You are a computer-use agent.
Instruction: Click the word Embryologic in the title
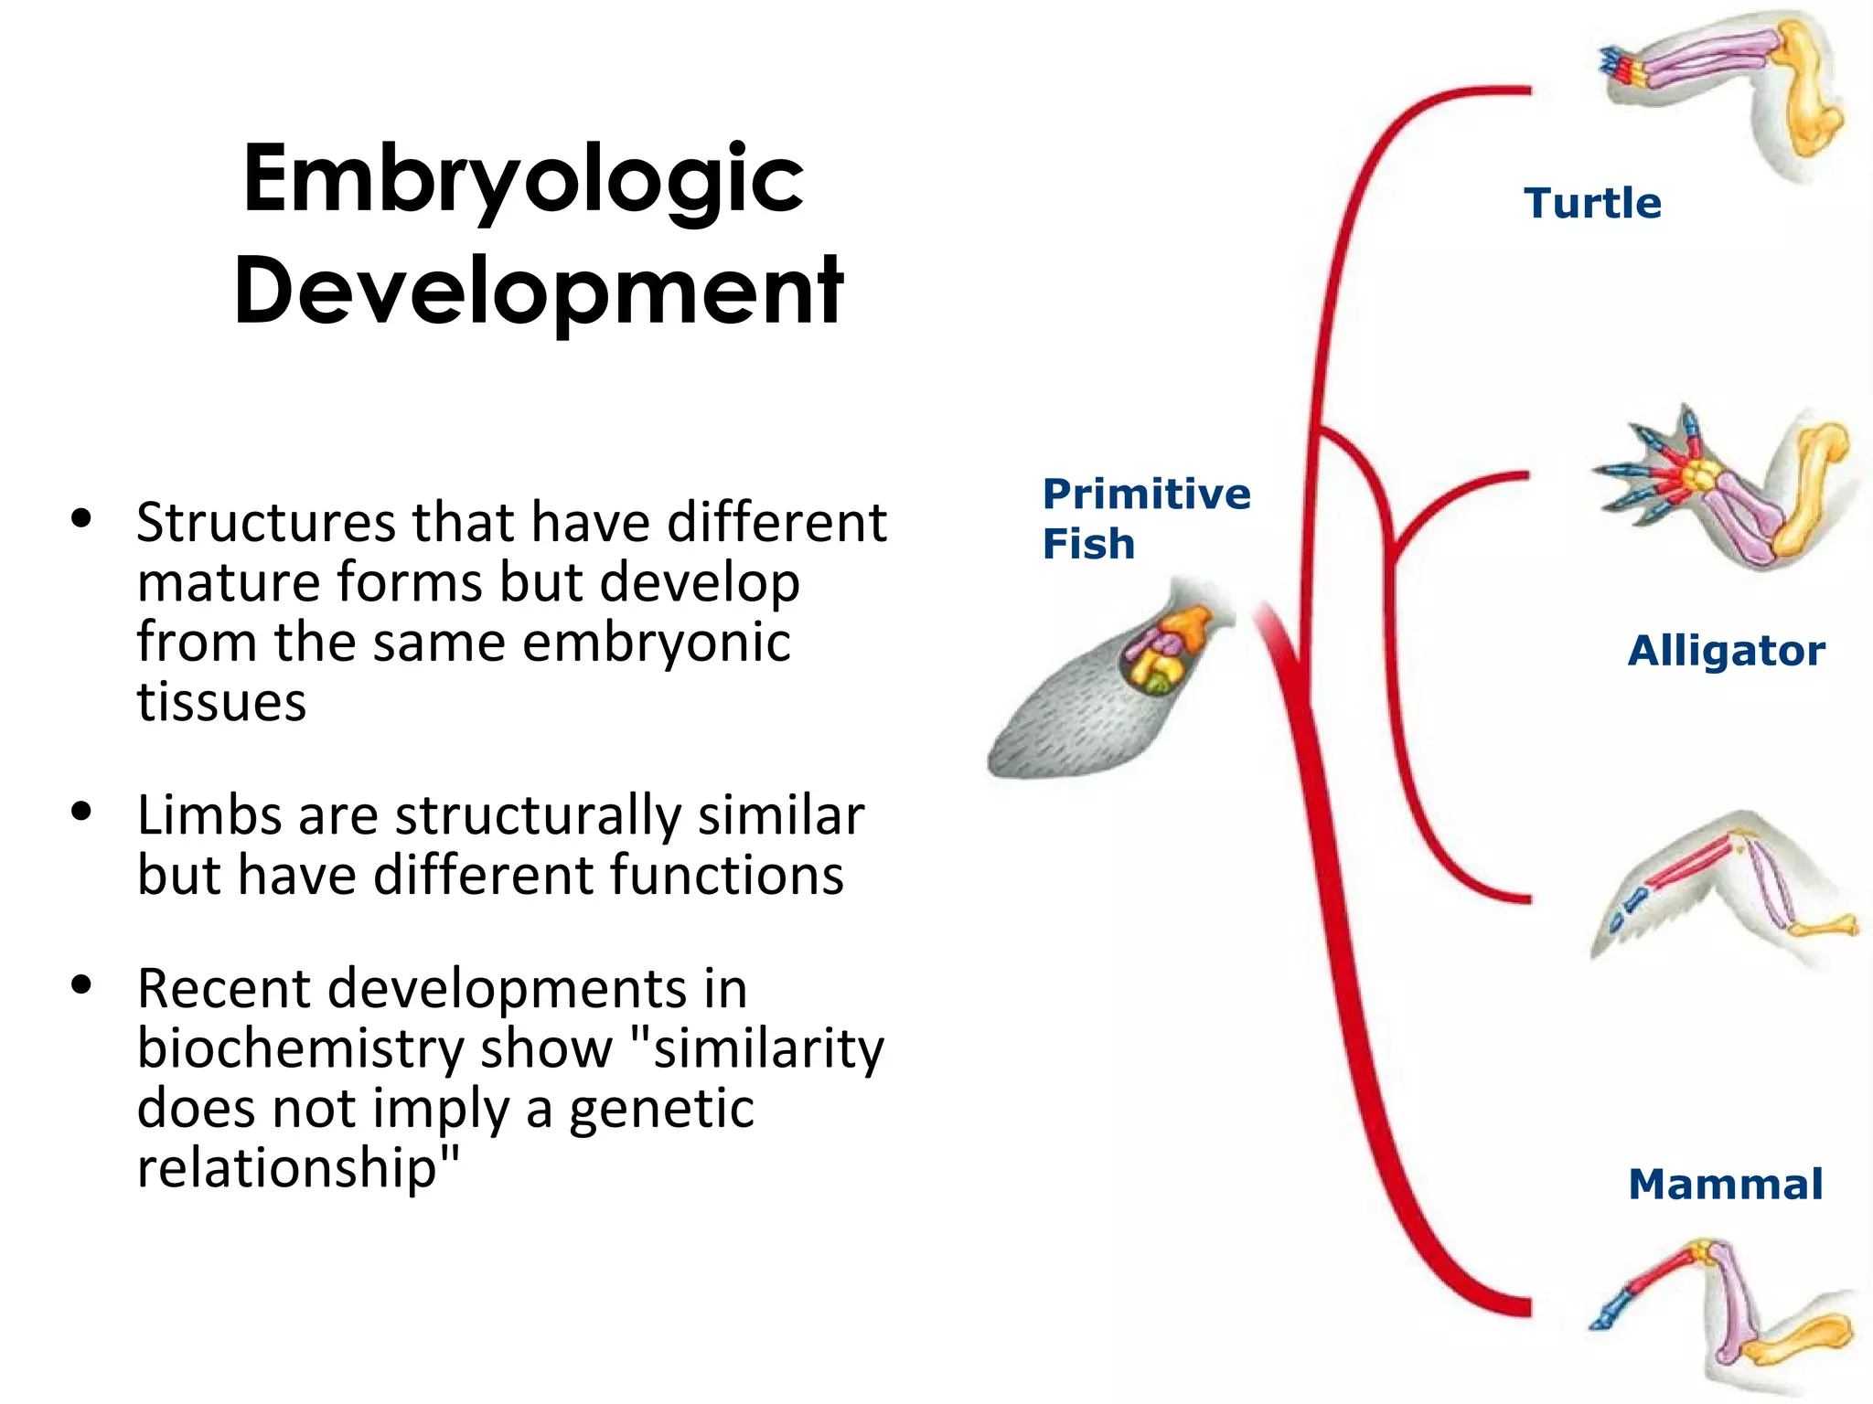523,180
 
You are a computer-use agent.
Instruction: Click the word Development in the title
538,292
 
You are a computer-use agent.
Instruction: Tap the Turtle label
1592,203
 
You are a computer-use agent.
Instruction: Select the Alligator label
1726,651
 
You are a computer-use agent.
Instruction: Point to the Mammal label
1725,1184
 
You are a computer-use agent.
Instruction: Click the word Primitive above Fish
1146,495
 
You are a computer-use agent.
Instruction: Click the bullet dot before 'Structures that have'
82,519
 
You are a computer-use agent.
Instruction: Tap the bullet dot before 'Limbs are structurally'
82,811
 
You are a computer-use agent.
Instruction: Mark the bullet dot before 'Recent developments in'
82,984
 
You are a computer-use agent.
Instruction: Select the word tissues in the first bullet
221,702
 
